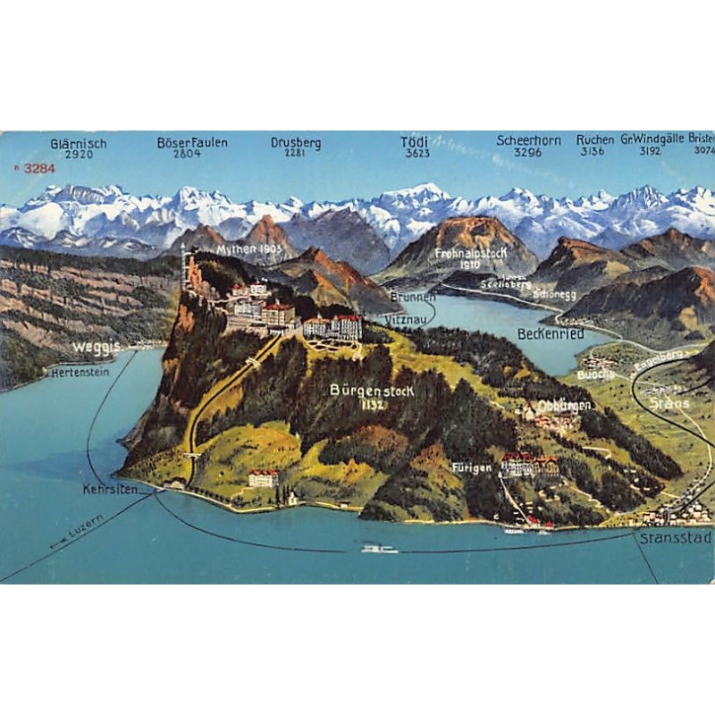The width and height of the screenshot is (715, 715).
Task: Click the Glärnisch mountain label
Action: (79, 143)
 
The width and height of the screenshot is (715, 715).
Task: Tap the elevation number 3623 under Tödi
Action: (416, 154)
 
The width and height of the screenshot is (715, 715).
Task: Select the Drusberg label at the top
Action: (296, 142)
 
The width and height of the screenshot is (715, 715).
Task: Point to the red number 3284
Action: (39, 167)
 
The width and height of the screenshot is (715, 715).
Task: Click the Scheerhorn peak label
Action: (528, 140)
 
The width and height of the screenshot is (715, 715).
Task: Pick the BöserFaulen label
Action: (192, 142)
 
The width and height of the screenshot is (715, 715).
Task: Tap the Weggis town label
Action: (96, 346)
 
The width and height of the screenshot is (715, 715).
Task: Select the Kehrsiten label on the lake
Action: (110, 490)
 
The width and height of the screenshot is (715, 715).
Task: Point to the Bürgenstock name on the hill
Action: (372, 391)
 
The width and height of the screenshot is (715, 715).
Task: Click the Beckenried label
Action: (551, 333)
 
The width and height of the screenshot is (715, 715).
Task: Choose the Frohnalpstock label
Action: (471, 253)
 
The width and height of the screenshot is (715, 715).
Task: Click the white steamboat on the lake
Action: (379, 547)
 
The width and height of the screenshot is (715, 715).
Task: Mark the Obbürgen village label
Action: (564, 405)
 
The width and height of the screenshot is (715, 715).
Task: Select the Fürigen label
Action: (472, 467)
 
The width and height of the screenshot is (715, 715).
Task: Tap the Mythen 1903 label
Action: (249, 248)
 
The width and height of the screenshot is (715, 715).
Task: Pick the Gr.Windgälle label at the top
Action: (652, 139)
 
